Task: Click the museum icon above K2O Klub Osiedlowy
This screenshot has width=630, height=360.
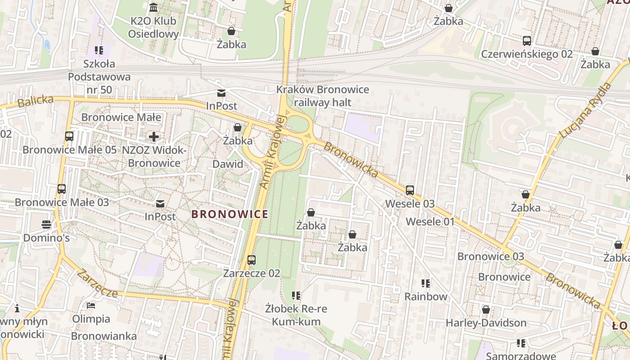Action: pos(153,8)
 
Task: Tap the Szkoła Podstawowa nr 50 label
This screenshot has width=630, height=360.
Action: pos(99,76)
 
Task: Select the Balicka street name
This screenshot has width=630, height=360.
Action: pos(35,102)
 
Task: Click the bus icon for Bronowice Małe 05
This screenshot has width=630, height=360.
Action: pos(69,136)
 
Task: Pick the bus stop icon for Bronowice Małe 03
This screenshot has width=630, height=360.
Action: pos(62,189)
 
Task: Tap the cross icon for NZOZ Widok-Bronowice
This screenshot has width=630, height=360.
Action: pos(154,136)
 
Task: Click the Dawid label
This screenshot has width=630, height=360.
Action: pos(228,164)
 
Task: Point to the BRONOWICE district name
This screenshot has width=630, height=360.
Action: pos(230,214)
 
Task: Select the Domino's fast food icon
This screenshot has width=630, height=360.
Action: pos(46,224)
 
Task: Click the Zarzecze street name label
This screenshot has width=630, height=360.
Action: pos(97,283)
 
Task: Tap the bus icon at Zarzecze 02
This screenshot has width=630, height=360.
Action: pos(252,260)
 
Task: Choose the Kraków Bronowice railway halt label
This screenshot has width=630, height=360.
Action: pos(323,96)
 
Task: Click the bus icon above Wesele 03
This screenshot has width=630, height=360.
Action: pos(410,190)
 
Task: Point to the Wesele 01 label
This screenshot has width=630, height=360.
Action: pos(430,222)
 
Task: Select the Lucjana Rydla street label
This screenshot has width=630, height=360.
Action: pos(585,111)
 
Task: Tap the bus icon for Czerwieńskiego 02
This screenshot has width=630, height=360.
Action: pos(527,41)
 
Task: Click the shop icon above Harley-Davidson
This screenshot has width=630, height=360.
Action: pos(486,310)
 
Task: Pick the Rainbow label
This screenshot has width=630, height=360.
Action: pos(426,297)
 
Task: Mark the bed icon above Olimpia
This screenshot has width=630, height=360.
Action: pos(91,306)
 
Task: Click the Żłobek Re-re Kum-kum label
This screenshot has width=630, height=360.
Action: pos(296,315)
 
